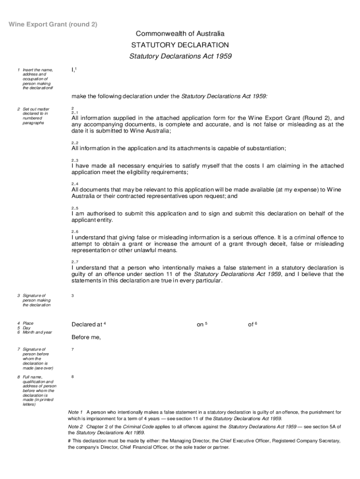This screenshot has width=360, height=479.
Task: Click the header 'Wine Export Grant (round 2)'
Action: coord(54,24)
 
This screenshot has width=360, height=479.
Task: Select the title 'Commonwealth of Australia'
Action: coord(180,34)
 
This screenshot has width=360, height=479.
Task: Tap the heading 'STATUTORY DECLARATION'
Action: coord(180,45)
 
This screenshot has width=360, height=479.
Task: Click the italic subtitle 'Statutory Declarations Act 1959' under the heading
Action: coord(180,57)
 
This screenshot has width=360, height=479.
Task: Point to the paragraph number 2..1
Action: coord(75,113)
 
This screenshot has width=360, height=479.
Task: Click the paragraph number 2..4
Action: coord(75,184)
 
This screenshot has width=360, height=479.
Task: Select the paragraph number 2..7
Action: coord(75,261)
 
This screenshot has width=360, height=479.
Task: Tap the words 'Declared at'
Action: coord(87,325)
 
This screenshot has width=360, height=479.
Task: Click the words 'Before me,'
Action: coord(86,337)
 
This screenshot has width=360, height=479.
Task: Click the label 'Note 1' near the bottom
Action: coord(75,412)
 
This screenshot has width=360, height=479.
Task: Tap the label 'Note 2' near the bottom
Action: coord(75,427)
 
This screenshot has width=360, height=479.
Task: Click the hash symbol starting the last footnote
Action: coord(70,441)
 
